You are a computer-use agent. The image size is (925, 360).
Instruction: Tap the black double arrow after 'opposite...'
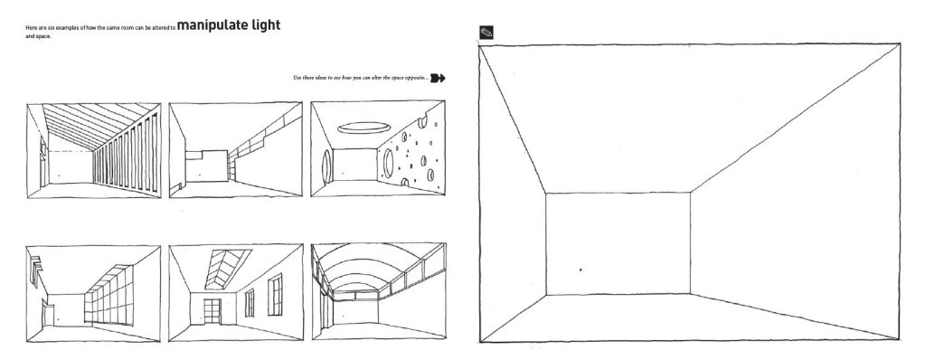[439, 78]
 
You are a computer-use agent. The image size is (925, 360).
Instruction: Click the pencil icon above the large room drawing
[486, 32]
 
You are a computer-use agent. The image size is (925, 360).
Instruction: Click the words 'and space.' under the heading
[40, 37]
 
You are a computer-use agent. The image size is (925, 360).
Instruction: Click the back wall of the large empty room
[618, 243]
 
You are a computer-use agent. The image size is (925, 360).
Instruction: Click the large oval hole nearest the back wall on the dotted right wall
[388, 162]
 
